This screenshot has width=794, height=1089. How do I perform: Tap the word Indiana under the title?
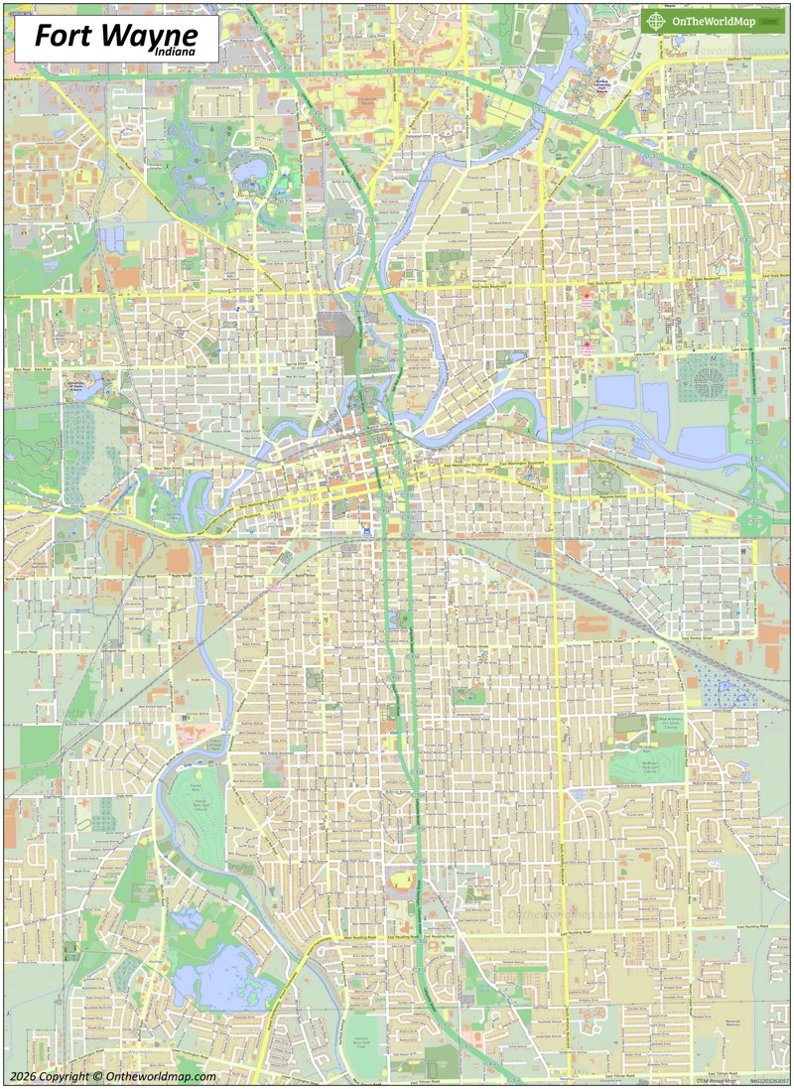tap(175, 52)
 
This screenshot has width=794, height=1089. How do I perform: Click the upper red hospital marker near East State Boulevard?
tap(586, 297)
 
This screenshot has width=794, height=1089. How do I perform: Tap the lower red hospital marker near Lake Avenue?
tap(586, 344)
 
